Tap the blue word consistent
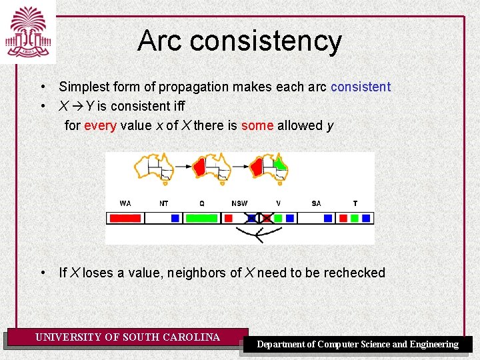(x=360, y=87)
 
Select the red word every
(x=100, y=125)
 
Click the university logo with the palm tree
(x=27, y=31)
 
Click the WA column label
(x=125, y=203)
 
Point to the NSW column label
(x=239, y=203)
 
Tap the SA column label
(x=316, y=203)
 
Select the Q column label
(x=202, y=203)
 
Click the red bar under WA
(x=125, y=218)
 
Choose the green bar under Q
(x=201, y=218)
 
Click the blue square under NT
(x=175, y=218)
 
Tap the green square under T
(x=355, y=218)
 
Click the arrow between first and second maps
(x=183, y=165)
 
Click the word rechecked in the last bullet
(x=355, y=273)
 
